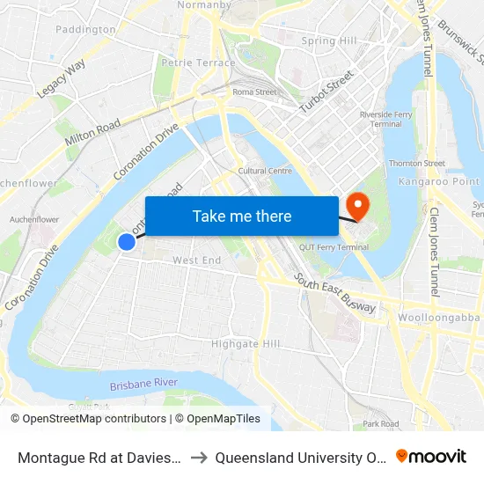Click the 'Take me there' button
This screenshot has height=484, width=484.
(x=241, y=216)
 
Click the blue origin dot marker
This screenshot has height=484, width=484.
(x=127, y=241)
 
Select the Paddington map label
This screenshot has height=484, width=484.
(x=85, y=29)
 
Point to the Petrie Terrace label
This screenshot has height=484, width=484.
(x=198, y=62)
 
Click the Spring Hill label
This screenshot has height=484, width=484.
(x=329, y=40)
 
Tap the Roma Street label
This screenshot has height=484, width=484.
(x=254, y=92)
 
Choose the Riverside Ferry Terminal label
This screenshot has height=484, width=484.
(x=381, y=120)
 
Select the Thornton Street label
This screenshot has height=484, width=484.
(x=417, y=163)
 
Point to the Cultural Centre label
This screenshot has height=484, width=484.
(x=265, y=171)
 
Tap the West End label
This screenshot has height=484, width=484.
(x=197, y=260)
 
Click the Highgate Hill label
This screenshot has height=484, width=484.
(x=246, y=343)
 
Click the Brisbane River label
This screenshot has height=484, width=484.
(x=144, y=385)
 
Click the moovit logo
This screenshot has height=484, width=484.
(x=430, y=456)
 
